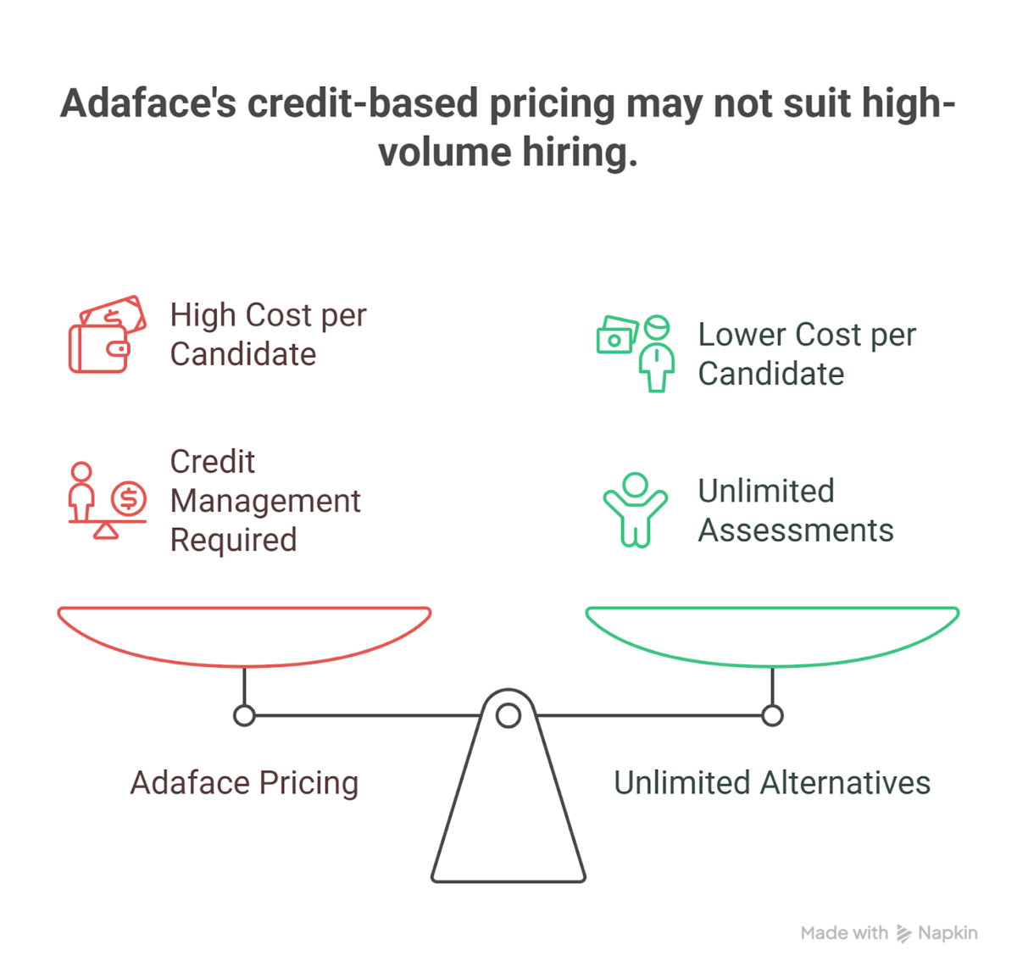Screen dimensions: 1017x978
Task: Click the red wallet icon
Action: [x=107, y=334]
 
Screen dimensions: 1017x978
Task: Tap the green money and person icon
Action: [x=636, y=353]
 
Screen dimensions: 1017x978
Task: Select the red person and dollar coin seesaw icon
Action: [x=107, y=500]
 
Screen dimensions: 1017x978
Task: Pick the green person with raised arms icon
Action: [x=636, y=510]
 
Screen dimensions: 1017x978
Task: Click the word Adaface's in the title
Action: [x=148, y=103]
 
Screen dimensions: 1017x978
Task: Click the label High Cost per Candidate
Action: [x=269, y=335]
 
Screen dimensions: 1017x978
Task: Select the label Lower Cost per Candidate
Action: [x=807, y=354]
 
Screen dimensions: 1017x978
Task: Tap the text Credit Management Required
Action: [x=265, y=500]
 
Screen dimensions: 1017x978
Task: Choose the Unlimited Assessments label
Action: [x=796, y=510]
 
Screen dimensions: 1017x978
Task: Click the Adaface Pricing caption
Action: [x=244, y=783]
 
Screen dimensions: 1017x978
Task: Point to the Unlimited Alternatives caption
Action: [x=772, y=782]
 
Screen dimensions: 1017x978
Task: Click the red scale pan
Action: [x=244, y=665]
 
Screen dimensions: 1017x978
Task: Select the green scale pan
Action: [x=772, y=665]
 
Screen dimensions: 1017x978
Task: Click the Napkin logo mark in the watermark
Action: [x=904, y=933]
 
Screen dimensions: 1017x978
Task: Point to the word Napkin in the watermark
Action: [x=948, y=933]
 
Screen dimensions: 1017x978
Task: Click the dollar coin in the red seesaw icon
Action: [x=129, y=498]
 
